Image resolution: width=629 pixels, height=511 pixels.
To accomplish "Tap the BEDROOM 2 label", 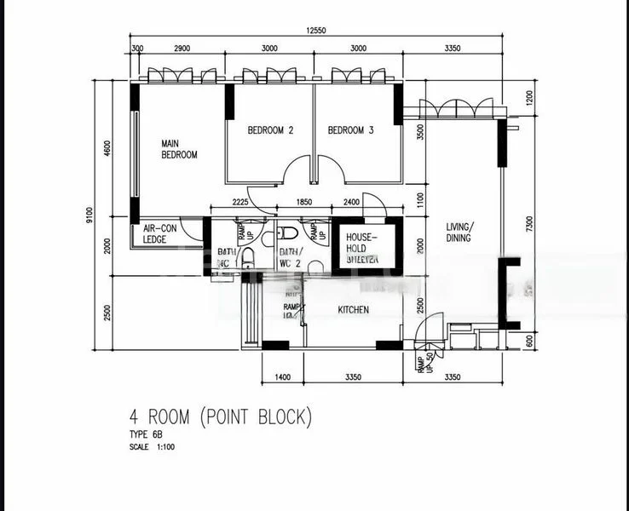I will [270, 130].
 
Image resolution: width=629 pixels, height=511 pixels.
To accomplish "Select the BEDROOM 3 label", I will [351, 130].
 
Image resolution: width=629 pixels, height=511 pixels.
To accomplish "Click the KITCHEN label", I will [353, 310].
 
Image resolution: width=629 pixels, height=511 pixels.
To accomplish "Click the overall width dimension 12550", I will [319, 31].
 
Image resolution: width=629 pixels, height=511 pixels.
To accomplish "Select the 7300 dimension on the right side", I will [529, 223].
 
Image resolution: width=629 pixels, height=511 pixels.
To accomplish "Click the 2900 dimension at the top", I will [181, 49].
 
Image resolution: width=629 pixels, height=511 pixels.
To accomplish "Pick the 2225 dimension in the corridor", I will [239, 203].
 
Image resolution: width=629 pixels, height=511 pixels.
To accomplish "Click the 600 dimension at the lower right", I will [529, 340].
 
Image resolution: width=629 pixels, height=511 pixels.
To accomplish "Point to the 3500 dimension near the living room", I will [419, 132].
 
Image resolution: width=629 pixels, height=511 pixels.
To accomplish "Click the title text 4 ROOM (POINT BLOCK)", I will [221, 417].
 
